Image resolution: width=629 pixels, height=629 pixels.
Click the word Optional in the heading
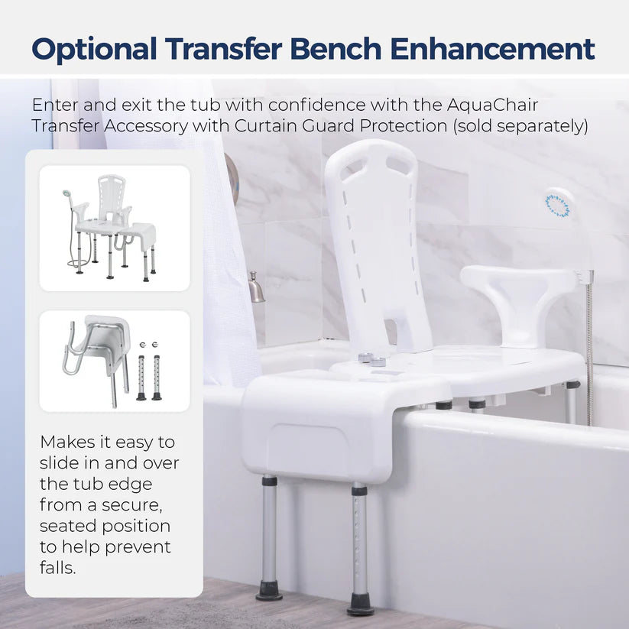coord(94,50)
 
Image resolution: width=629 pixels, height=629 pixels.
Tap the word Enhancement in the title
coord(493,49)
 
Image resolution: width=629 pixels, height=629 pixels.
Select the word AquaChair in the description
coord(492,105)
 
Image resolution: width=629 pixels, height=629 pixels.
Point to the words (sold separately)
coord(520,126)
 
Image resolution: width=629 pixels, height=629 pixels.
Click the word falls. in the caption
coord(58,568)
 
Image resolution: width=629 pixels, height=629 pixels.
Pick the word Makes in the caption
coord(66,442)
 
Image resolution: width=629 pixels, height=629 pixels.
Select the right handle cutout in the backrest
coord(399,165)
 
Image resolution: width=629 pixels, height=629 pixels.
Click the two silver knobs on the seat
coord(372,359)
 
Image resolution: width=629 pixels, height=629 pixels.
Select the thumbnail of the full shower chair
coord(115,229)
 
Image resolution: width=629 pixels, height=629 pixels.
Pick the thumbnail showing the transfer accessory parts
coord(115,361)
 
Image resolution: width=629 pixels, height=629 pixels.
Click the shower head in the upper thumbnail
coord(66,195)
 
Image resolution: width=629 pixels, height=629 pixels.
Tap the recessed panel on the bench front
coord(308,447)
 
